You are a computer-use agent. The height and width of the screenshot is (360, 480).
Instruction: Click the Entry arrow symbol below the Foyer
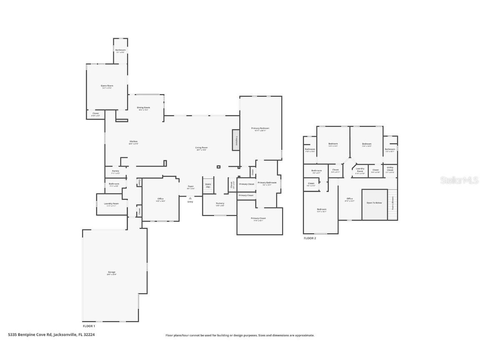point(190,198)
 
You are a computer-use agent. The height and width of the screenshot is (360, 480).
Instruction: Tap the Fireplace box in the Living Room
point(236,140)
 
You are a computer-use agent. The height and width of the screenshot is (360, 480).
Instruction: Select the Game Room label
point(107,86)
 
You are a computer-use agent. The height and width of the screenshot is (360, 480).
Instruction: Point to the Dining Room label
point(143,108)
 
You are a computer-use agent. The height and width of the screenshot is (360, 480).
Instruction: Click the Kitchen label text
point(133,142)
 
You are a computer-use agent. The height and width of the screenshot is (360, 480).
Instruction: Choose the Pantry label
point(115,171)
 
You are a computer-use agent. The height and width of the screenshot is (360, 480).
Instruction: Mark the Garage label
point(112,272)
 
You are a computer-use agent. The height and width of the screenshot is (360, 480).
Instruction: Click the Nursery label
point(220,203)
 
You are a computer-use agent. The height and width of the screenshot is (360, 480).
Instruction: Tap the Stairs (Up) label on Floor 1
point(208,185)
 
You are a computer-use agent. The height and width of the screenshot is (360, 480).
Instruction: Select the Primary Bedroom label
point(260,128)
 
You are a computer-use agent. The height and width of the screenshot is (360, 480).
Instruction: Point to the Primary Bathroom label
point(267,182)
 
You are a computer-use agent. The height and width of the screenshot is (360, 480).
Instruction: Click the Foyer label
point(190,187)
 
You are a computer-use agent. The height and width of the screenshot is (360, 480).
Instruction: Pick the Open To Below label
point(374,202)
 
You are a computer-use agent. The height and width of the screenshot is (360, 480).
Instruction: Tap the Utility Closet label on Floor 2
point(390,170)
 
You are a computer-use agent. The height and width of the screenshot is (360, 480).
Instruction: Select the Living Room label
point(202,147)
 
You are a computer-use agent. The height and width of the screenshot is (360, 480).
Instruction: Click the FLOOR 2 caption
point(310,238)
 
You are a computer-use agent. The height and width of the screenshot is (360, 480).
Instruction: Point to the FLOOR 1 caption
point(89,326)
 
